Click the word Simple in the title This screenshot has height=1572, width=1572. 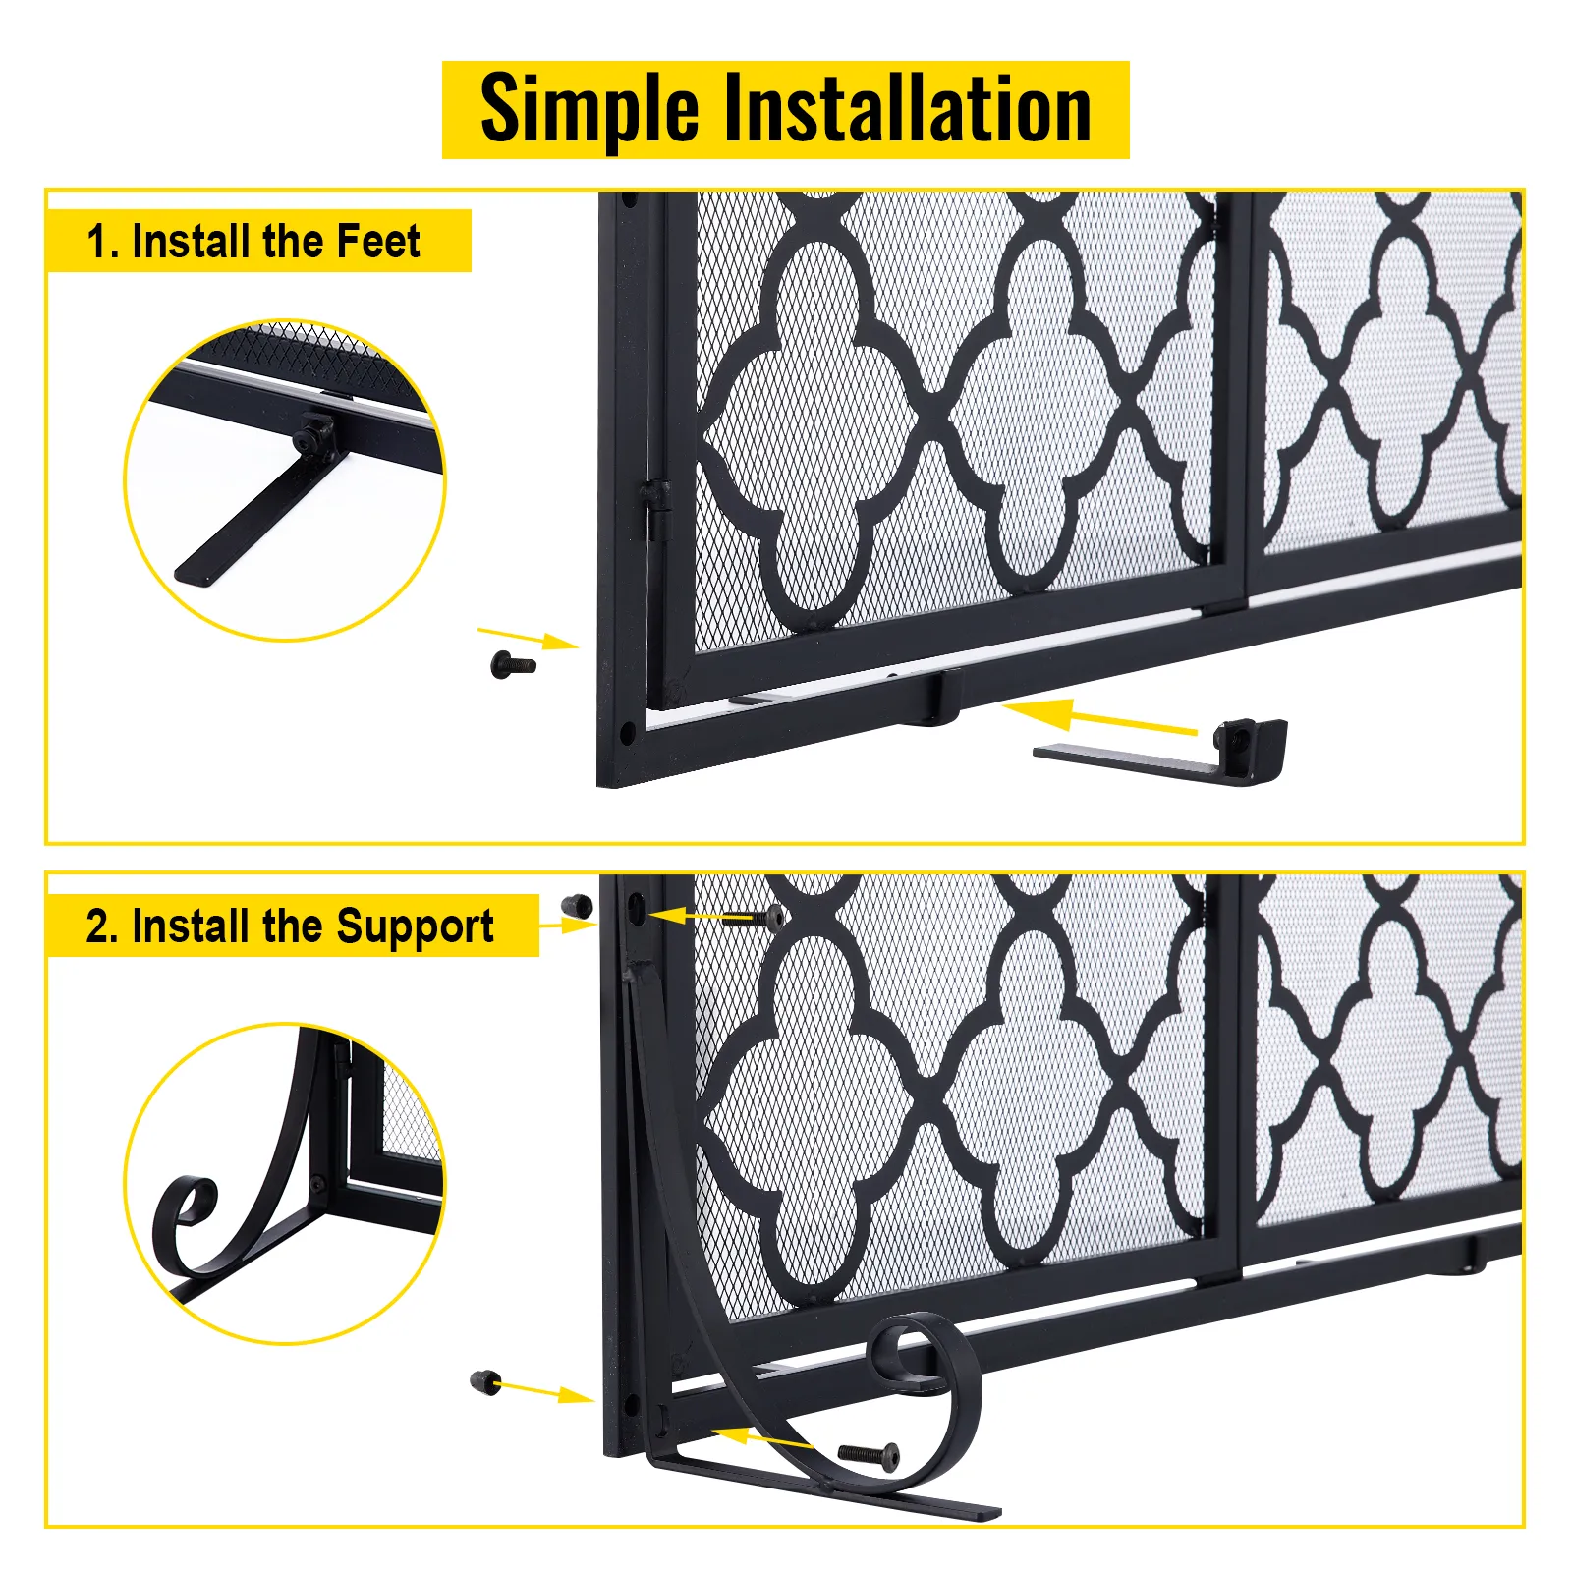tap(589, 110)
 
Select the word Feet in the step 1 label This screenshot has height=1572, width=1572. tap(378, 241)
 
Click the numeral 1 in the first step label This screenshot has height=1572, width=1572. tap(95, 242)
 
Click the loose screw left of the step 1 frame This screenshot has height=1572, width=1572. tap(513, 665)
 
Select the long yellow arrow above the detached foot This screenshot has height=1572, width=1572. tap(1099, 715)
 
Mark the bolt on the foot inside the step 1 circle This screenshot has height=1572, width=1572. tap(313, 433)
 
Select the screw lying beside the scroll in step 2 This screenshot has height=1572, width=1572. tap(868, 1454)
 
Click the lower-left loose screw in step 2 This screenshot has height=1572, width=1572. tap(485, 1382)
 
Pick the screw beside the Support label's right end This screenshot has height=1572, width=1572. tap(578, 906)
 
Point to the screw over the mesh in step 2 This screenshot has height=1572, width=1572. tap(754, 919)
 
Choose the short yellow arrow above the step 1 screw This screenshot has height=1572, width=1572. tap(528, 638)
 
